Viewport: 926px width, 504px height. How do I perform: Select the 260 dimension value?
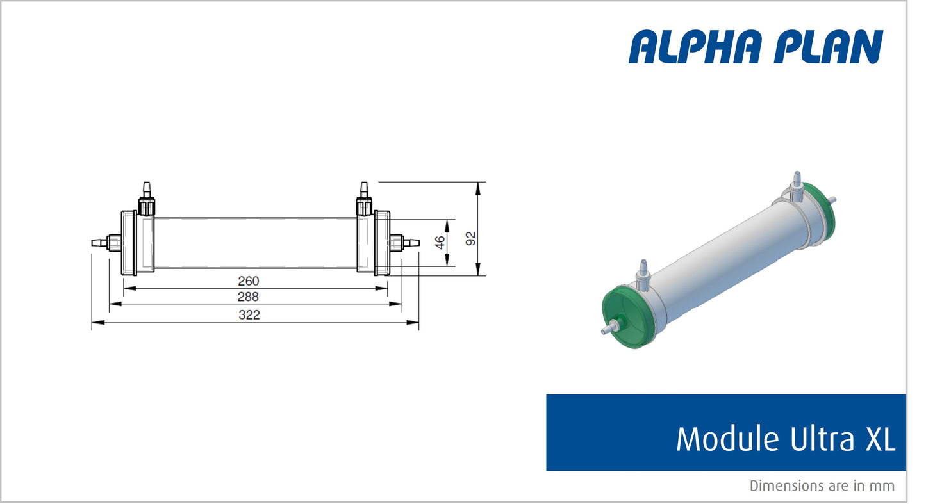248,281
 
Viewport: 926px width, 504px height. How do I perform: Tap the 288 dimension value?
248,297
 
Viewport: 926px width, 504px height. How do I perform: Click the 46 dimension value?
440,243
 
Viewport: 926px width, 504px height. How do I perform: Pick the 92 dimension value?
471,238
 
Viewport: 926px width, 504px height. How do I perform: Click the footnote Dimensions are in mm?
822,486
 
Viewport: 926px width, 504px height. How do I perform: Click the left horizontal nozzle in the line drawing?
101,243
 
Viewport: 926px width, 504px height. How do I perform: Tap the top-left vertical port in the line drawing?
146,197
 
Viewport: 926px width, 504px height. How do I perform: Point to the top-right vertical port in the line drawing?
364,197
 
